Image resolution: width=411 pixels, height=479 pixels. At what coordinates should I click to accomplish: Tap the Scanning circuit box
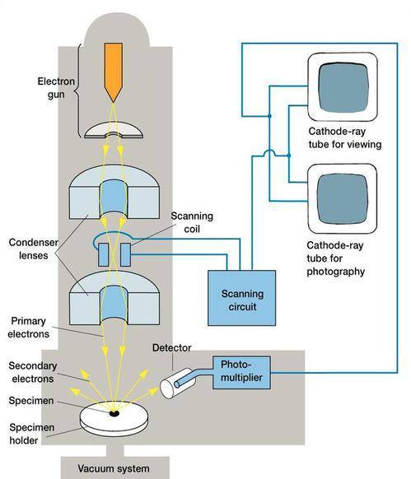[x=241, y=298]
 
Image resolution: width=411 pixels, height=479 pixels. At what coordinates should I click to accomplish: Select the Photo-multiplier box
[x=241, y=372]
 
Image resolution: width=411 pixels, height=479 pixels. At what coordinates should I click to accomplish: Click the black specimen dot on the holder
[x=114, y=413]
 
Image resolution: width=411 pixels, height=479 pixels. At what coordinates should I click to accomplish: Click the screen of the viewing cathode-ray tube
[x=343, y=87]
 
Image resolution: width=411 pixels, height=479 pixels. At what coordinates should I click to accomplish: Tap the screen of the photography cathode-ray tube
[x=342, y=199]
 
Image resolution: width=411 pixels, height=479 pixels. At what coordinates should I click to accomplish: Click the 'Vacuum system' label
[x=114, y=468]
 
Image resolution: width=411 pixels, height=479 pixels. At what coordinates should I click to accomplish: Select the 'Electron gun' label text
[x=56, y=88]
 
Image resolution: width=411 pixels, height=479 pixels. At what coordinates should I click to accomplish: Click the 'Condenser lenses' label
[x=33, y=249]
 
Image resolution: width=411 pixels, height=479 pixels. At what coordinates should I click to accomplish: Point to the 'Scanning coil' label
[x=192, y=222]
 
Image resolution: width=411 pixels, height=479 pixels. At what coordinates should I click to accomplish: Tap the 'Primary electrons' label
[x=29, y=328]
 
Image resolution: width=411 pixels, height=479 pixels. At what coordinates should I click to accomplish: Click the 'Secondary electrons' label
[x=33, y=372]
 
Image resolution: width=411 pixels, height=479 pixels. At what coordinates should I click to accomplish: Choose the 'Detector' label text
[x=171, y=347]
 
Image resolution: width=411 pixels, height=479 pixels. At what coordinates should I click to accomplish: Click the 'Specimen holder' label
[x=31, y=434]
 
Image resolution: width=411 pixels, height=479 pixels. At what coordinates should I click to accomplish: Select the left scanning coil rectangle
[x=104, y=255]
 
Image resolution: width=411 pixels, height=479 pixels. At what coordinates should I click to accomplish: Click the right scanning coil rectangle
[x=125, y=255]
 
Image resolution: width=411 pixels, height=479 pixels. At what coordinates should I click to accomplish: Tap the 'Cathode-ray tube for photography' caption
[x=336, y=258]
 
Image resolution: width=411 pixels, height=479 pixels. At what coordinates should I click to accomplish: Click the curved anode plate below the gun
[x=114, y=130]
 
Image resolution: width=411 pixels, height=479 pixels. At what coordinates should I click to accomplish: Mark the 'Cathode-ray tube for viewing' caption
[x=345, y=137]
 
